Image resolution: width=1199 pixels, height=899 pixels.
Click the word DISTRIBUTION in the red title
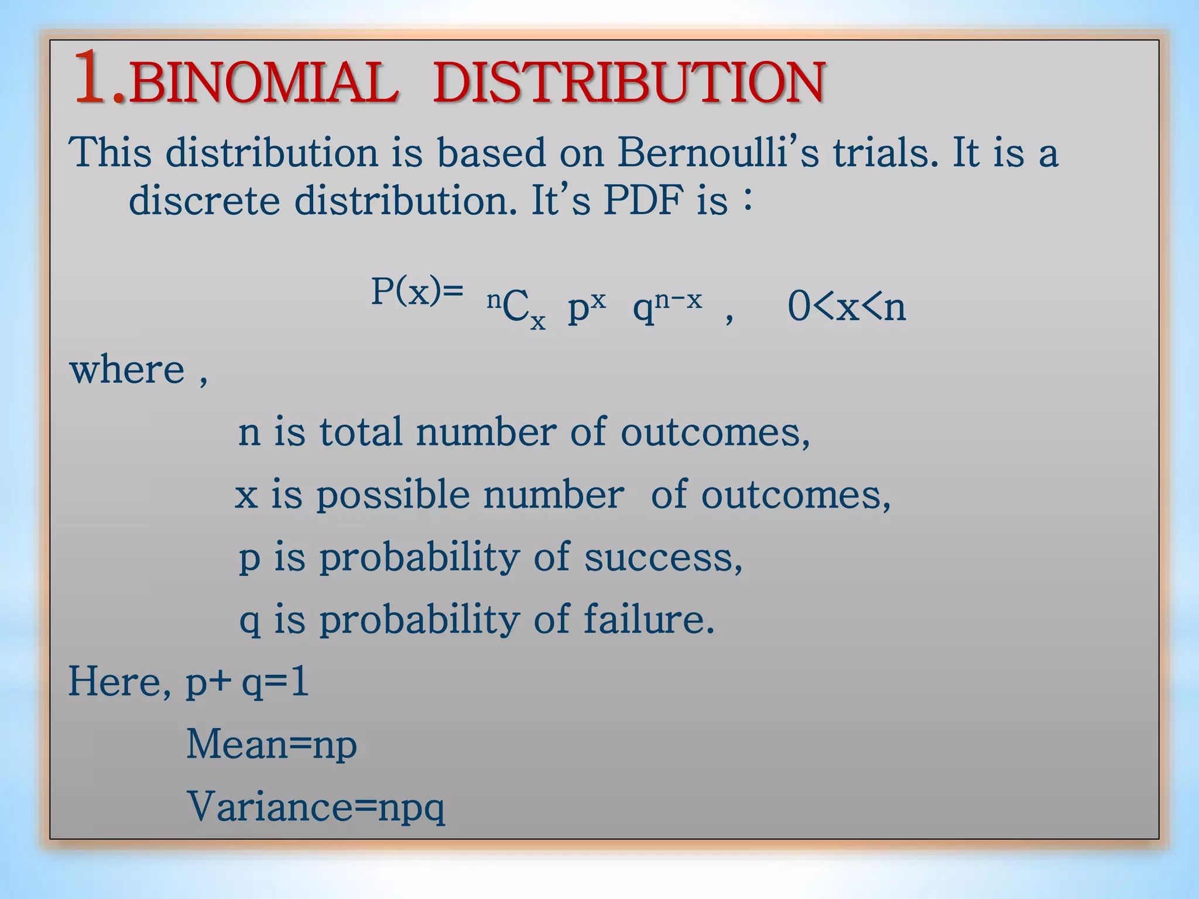[629, 83]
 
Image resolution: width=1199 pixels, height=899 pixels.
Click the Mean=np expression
[272, 745]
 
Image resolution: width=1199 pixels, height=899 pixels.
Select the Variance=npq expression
[316, 808]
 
